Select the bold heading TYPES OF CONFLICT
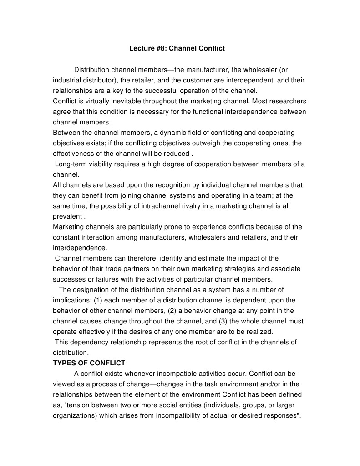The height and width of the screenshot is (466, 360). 89,363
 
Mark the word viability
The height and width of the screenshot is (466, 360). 103,164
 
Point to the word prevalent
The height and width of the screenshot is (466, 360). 67,216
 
